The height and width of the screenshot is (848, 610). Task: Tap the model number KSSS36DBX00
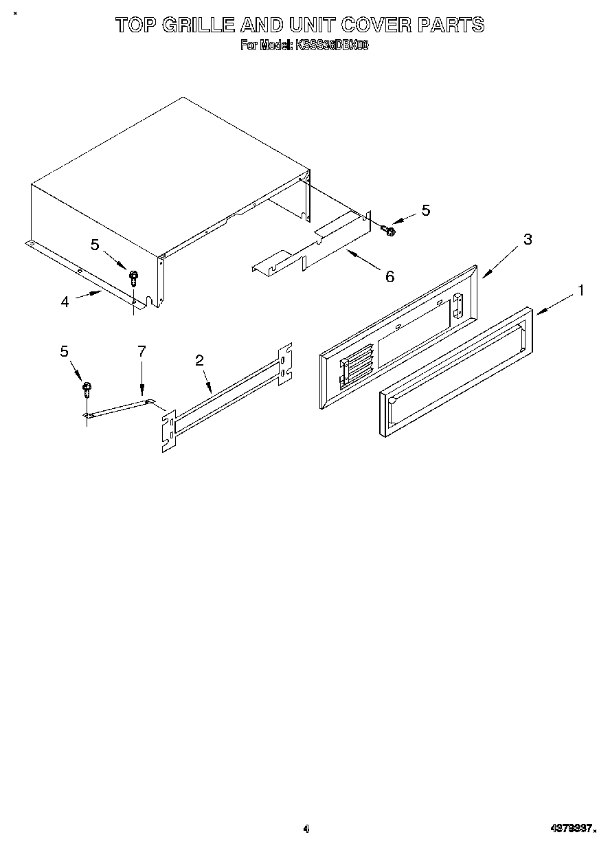click(332, 45)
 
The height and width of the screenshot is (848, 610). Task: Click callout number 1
click(580, 291)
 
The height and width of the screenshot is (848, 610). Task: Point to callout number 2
click(200, 360)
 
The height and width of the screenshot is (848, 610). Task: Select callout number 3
click(528, 240)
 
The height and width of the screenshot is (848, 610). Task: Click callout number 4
click(65, 301)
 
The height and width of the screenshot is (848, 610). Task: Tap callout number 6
click(389, 276)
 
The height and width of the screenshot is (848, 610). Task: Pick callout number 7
click(142, 351)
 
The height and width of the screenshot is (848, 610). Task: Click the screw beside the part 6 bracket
click(389, 231)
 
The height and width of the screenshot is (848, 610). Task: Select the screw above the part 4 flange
click(133, 277)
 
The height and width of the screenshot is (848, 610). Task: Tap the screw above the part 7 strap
click(87, 390)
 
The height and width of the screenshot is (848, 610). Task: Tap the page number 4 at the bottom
click(306, 829)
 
